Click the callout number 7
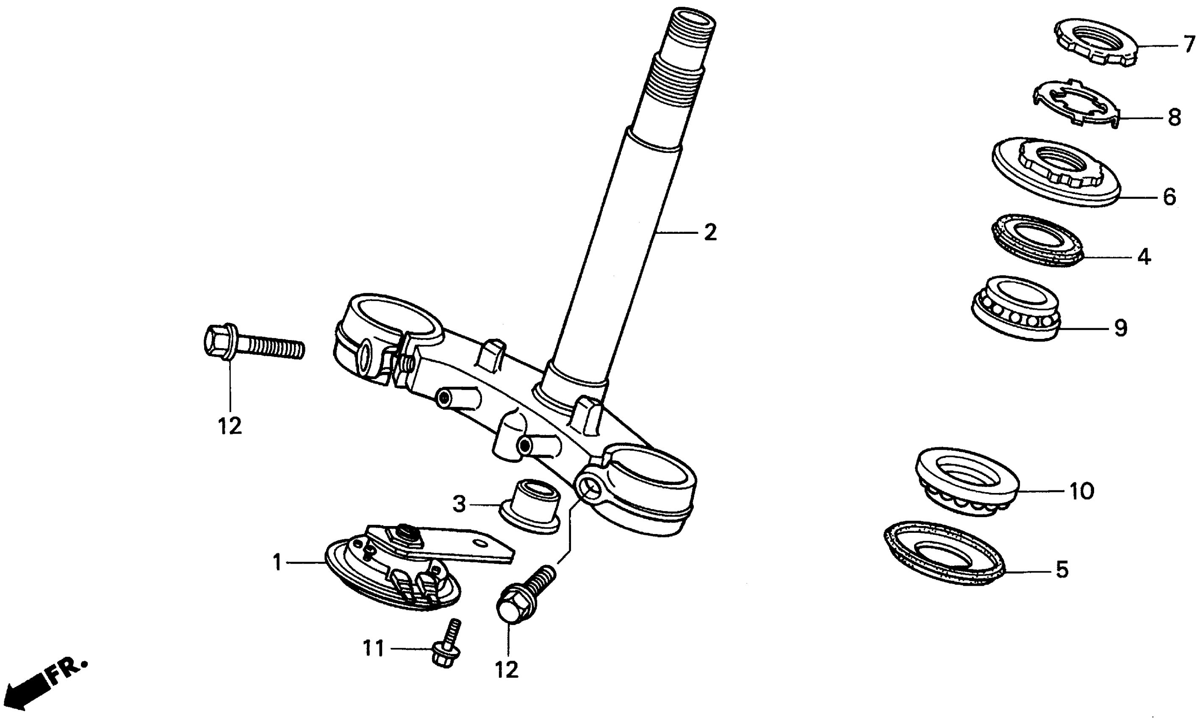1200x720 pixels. tap(1189, 44)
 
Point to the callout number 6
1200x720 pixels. tap(1170, 197)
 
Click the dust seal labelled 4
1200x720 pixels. tap(1036, 240)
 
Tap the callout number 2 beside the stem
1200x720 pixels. tap(710, 233)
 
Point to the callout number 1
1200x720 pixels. tap(277, 563)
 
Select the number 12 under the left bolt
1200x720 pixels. tap(229, 426)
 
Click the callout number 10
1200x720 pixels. tap(1081, 491)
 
